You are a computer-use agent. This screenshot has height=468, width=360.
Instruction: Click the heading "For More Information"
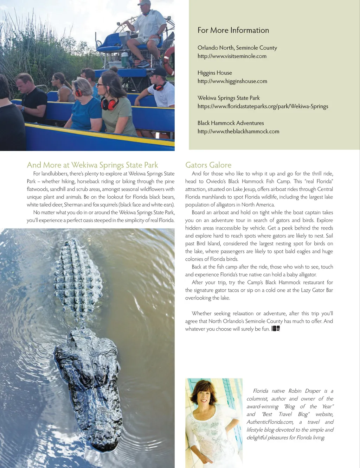[233, 30]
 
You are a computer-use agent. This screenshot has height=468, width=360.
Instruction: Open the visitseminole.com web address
[232, 56]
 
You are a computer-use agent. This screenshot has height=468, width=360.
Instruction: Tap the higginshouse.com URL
[232, 81]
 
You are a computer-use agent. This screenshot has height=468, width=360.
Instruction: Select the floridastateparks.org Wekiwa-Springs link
[263, 106]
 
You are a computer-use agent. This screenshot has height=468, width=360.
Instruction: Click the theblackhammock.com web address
[238, 131]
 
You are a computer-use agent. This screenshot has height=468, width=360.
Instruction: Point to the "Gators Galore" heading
[208, 165]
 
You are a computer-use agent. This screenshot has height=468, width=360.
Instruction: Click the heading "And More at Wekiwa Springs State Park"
[92, 165]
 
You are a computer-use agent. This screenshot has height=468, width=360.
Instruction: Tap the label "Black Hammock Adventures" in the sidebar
[230, 123]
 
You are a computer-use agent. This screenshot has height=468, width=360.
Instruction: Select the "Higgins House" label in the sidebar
[214, 73]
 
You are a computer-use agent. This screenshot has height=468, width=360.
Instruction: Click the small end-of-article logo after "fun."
[276, 329]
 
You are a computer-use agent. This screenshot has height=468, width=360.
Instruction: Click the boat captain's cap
[144, 3]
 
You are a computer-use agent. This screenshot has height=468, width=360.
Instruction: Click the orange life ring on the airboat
[169, 60]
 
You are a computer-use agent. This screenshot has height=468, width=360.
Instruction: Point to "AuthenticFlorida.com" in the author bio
[270, 422]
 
